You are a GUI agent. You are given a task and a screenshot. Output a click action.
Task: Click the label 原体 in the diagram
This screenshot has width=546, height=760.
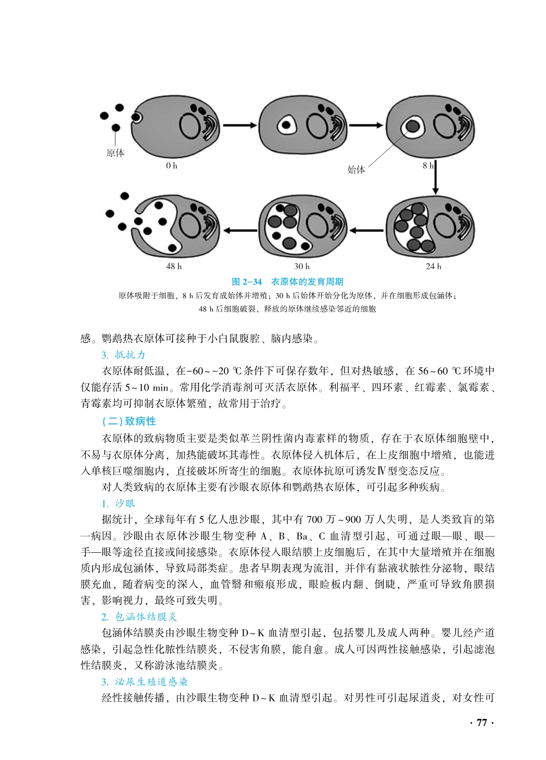115,153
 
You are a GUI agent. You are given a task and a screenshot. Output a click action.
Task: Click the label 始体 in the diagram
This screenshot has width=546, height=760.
356,169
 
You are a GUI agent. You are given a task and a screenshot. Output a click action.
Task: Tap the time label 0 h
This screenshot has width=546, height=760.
172,166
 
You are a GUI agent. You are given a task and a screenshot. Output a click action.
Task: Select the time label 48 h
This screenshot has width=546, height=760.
173,266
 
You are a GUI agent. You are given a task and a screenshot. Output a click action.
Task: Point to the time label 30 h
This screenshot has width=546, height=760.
302,266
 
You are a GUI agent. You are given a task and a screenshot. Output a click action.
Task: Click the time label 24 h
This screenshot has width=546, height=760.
433,266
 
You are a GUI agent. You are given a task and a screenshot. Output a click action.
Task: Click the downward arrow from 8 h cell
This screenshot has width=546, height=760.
435,177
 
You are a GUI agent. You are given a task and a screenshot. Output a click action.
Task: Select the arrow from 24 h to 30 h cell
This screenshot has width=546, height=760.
366,230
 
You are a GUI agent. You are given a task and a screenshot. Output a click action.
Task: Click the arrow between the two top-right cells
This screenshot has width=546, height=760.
366,125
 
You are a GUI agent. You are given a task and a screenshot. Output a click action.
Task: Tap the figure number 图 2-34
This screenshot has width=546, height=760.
247,282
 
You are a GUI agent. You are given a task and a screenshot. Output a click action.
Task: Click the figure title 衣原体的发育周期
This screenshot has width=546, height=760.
307,282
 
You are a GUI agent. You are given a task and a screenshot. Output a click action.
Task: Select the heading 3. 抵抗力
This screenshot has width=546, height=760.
123,355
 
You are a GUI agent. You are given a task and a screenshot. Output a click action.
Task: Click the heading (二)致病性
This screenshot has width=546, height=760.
129,421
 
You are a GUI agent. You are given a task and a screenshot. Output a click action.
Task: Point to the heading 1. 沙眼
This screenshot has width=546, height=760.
118,503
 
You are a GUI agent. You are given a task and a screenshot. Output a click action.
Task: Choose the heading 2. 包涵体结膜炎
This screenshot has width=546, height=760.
139,617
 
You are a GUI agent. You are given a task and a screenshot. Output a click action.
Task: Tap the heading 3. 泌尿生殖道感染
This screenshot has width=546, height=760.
144,682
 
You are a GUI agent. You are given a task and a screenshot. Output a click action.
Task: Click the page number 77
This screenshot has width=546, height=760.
482,723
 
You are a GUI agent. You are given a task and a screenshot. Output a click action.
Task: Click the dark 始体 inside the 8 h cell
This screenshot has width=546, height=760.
412,126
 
